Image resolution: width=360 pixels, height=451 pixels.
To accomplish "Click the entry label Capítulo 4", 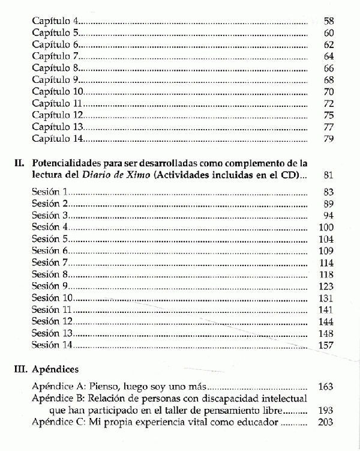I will coord(55,22).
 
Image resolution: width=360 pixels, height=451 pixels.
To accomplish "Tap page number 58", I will coord(328,22).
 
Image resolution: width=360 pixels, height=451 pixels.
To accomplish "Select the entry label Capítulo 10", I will coord(57,92).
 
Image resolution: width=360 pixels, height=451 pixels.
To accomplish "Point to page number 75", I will coord(328,115).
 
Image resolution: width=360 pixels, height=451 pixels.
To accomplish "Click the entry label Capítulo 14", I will coord(57,139).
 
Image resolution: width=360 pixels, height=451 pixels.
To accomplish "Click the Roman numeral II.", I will coord(19,163).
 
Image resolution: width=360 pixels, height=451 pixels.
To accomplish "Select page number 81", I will coord(328,175).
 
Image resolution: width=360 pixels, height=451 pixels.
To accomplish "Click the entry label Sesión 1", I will coord(51,192).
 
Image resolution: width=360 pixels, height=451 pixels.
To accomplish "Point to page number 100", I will coord(326,227).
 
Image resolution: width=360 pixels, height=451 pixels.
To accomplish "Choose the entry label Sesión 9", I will coord(51,286).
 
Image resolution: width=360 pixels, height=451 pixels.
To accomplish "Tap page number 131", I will coord(326,298).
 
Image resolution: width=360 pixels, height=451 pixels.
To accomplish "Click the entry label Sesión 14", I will coord(53,345).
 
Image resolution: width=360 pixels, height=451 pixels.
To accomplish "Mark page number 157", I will coord(326,345).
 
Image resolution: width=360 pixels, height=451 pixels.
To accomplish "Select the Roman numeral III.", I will coord(19,369).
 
